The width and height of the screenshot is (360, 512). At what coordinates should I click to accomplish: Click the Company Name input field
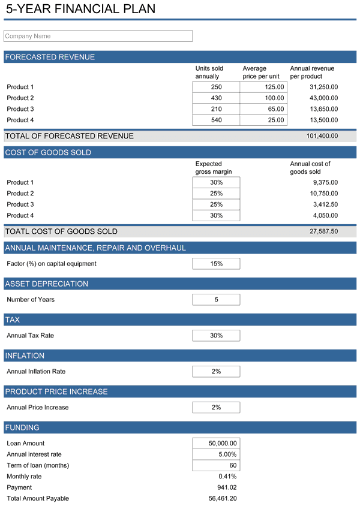coord(98,37)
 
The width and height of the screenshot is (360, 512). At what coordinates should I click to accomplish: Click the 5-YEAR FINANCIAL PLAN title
coord(80,9)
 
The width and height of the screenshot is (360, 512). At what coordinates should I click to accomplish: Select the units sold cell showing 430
coord(216,98)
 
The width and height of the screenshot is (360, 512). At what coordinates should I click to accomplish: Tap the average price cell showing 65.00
coord(263,109)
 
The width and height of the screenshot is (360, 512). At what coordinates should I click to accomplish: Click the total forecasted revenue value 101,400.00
coord(322,136)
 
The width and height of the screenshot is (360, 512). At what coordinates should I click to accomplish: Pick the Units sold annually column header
coord(209,73)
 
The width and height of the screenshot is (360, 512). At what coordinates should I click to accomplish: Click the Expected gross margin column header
coord(214,168)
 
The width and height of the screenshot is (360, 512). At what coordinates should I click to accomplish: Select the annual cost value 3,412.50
coord(325,204)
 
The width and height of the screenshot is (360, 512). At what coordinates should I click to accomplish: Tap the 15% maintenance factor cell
coord(216,264)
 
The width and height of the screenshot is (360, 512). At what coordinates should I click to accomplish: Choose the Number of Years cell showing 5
coord(216,300)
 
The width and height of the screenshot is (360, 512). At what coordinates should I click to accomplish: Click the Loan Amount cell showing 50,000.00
coord(216,444)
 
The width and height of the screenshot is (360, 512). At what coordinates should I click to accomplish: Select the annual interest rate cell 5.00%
coord(216,454)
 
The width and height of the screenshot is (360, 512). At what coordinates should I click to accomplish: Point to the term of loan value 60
coord(216,466)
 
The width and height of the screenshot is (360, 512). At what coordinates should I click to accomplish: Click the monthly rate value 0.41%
coord(227,477)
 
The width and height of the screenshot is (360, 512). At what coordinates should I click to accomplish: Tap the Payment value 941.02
coord(227,487)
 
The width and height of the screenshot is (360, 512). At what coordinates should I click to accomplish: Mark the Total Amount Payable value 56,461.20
coord(222,499)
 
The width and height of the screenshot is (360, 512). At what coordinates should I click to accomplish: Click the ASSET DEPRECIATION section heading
coord(47,284)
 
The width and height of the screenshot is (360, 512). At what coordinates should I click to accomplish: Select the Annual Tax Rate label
coord(30,336)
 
